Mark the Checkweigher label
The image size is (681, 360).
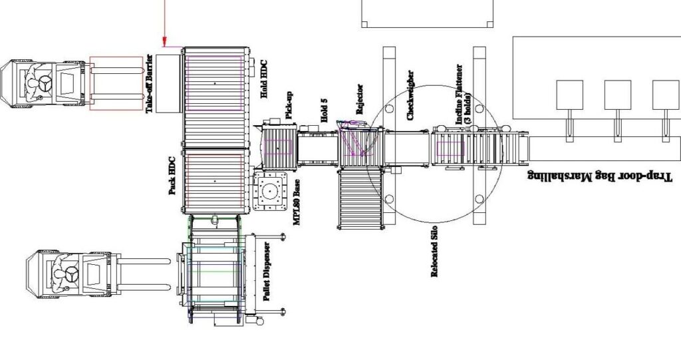pyautogui.click(x=410, y=95)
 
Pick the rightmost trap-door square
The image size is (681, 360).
pyautogui.click(x=665, y=94)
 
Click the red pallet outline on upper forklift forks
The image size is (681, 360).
pyautogui.click(x=116, y=83)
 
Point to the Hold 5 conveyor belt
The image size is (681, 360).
pyautogui.click(x=317, y=147)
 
